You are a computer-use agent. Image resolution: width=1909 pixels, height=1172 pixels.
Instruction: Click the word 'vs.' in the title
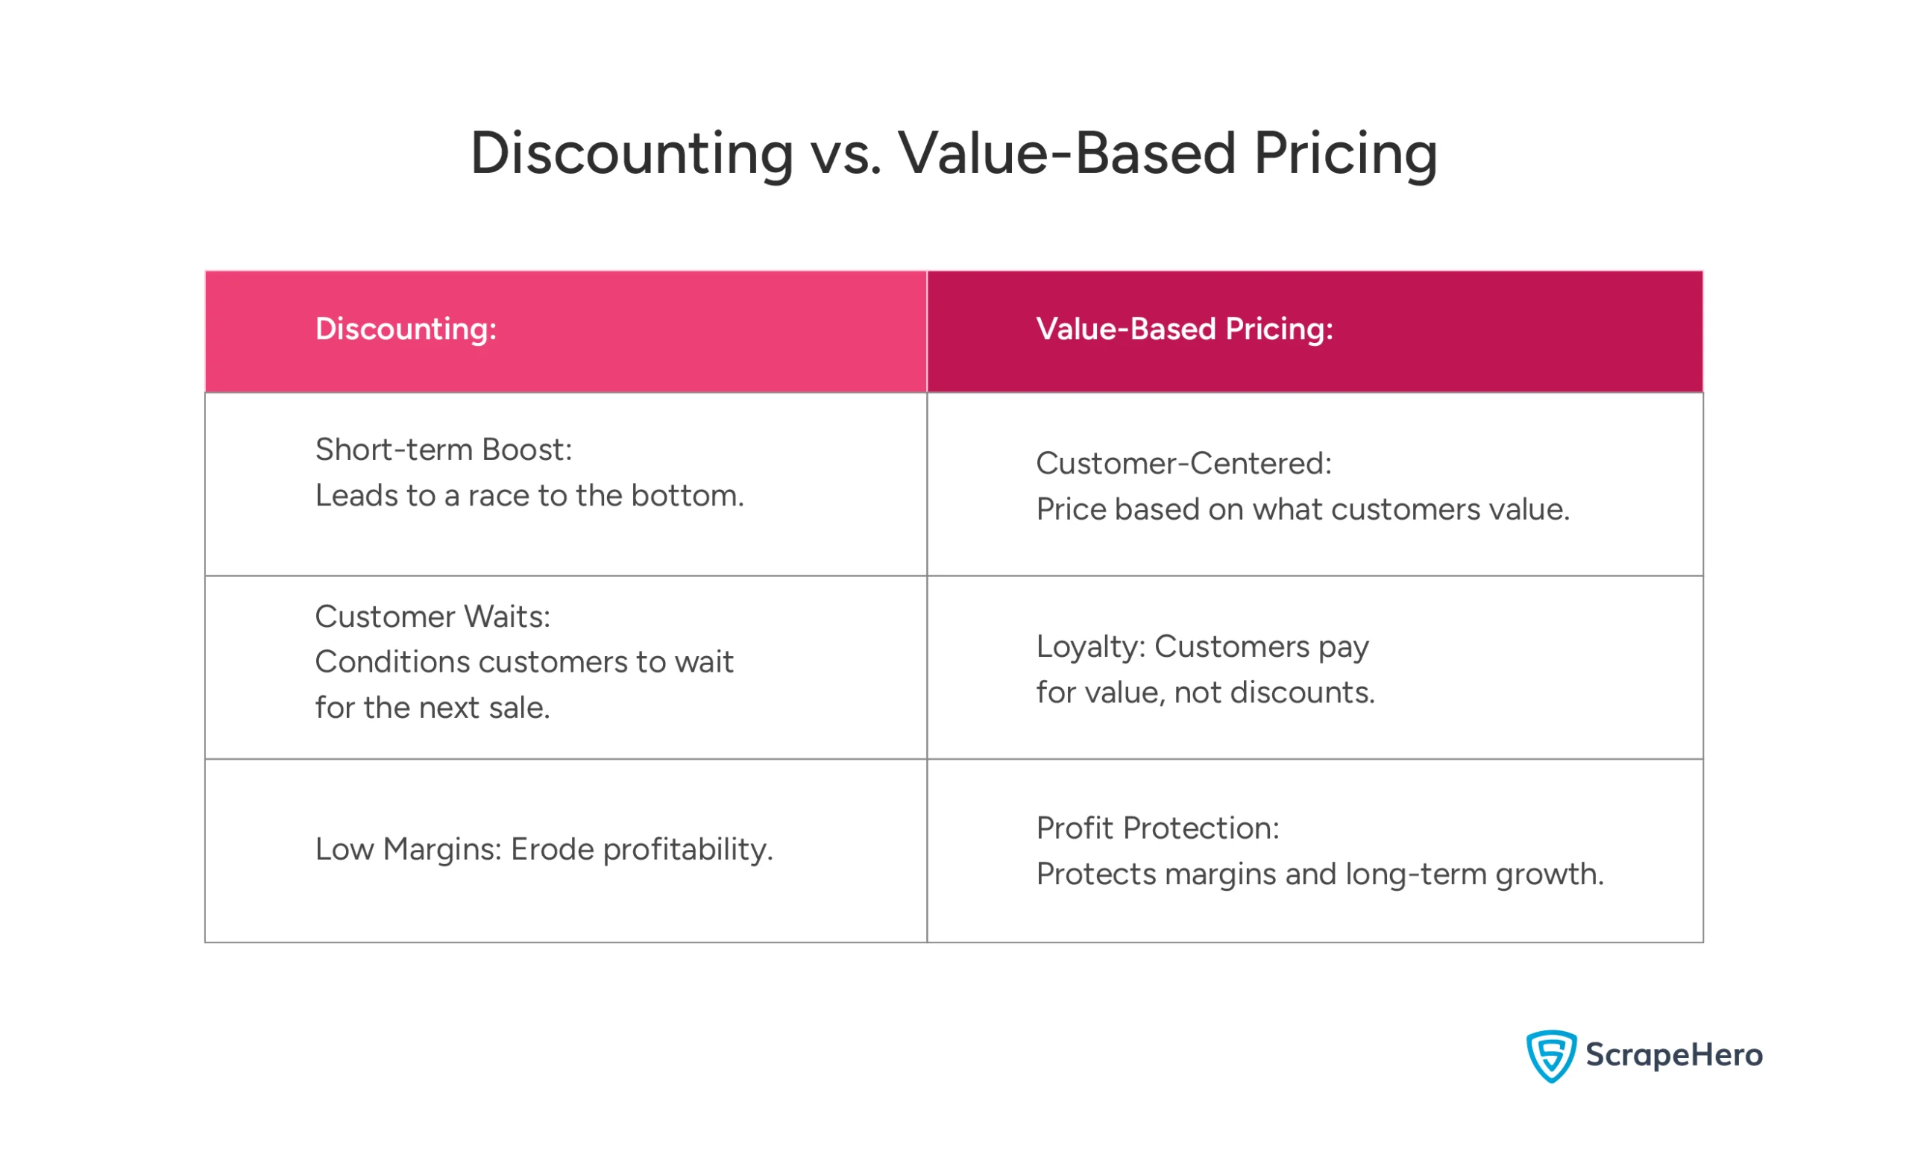click(x=846, y=154)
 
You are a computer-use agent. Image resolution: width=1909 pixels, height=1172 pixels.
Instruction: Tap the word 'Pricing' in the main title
click(x=1345, y=154)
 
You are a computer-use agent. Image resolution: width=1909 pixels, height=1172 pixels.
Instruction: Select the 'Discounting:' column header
click(x=406, y=330)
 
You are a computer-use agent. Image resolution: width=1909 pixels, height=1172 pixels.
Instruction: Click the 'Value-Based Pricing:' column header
click(x=1184, y=330)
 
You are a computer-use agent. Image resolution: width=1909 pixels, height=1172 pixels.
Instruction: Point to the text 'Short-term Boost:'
click(x=444, y=450)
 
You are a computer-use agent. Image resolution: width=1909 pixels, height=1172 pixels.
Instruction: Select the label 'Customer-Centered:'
click(x=1183, y=464)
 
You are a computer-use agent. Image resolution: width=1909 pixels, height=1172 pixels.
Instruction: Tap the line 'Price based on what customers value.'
click(x=1302, y=509)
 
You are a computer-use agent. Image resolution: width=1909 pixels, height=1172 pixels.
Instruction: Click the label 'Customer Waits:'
click(x=433, y=617)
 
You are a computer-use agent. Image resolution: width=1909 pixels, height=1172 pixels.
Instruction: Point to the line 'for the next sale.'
click(x=433, y=708)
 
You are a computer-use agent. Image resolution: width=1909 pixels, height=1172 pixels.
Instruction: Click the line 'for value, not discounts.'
click(x=1205, y=692)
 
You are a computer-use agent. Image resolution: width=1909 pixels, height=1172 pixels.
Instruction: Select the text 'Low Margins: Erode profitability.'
click(x=544, y=849)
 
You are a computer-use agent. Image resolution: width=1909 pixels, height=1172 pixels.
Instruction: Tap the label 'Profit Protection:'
click(x=1157, y=828)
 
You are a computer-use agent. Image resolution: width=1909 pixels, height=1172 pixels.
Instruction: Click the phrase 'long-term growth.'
click(x=1474, y=875)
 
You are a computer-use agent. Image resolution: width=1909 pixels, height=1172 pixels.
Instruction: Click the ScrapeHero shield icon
click(x=1551, y=1056)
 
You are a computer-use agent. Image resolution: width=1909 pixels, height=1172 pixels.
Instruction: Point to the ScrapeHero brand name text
click(x=1674, y=1055)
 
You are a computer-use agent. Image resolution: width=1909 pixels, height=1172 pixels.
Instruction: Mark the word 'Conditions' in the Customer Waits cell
click(x=392, y=662)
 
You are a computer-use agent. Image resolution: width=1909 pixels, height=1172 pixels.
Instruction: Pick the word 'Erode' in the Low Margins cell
click(x=552, y=849)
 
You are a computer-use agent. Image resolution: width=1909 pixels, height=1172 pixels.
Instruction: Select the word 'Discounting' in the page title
click(x=632, y=154)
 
